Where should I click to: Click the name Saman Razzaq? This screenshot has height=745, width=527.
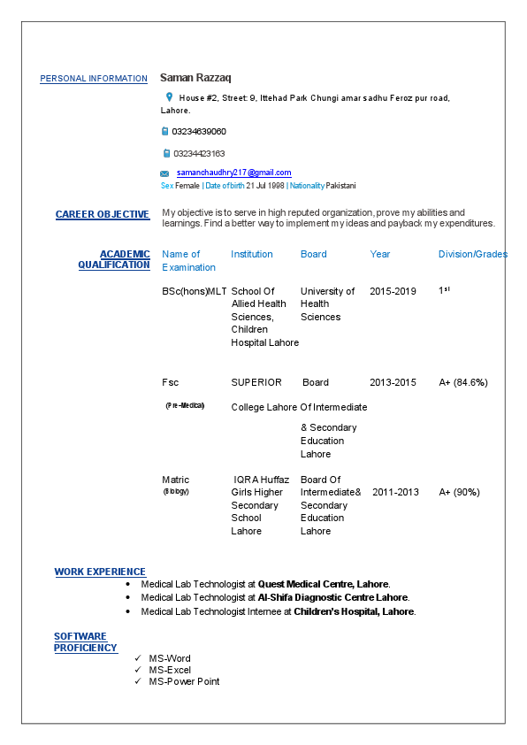(195, 78)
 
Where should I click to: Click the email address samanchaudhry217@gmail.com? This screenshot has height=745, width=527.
(233, 173)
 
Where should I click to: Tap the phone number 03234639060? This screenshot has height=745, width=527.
(199, 131)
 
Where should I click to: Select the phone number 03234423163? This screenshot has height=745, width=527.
(199, 153)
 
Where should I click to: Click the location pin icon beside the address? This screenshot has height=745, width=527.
(169, 96)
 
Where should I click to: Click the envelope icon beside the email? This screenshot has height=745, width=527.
(164, 173)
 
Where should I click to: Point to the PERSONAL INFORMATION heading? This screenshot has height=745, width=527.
(94, 79)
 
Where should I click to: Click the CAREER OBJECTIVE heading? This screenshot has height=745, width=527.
(103, 214)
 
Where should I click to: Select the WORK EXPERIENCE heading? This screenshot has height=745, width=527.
(100, 572)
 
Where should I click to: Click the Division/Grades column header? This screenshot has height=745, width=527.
(473, 254)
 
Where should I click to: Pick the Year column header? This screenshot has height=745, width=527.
(380, 254)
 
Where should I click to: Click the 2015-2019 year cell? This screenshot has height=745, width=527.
(393, 291)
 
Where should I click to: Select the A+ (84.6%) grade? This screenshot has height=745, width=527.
(463, 382)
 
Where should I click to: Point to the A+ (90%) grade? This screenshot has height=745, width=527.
(460, 492)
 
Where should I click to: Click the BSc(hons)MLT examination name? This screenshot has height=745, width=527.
(195, 291)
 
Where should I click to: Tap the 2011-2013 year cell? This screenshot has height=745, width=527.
(395, 492)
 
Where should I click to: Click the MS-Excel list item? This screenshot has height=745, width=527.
(170, 670)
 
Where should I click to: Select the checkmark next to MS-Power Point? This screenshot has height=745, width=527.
(137, 681)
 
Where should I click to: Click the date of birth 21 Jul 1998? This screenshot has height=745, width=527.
(265, 186)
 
